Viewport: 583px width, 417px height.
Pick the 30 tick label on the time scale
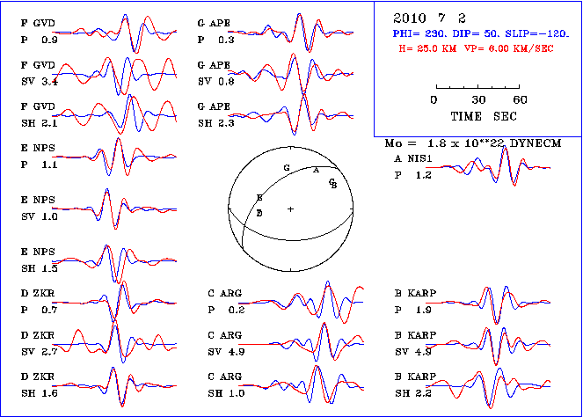(x=479, y=100)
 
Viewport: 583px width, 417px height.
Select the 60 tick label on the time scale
(x=521, y=100)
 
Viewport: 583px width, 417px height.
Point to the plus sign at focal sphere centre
(x=290, y=208)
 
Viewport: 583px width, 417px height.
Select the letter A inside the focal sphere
(x=316, y=171)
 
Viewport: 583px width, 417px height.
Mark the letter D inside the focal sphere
(x=259, y=213)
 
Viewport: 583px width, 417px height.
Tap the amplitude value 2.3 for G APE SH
(x=226, y=123)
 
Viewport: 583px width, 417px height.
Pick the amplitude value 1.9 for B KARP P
(x=423, y=311)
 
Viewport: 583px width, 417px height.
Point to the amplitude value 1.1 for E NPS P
(x=50, y=165)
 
